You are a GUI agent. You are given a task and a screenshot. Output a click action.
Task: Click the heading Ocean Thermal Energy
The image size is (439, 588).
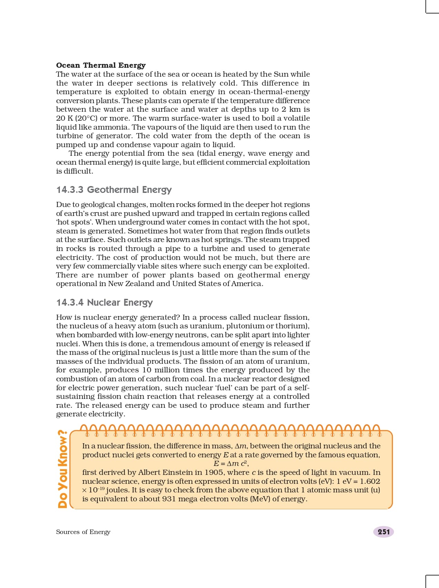[x=101, y=65]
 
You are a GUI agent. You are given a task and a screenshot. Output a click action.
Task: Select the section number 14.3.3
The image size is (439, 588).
[x=70, y=190]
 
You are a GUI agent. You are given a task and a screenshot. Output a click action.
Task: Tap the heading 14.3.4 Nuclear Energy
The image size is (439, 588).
[x=104, y=303]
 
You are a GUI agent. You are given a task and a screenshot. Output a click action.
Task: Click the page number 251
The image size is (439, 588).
[x=384, y=532]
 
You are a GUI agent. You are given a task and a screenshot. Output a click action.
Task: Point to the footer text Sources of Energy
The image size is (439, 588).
[x=83, y=532]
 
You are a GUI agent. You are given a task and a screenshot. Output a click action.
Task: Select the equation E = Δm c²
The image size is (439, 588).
[x=231, y=464]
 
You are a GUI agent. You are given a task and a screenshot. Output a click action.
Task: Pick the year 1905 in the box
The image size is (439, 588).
[x=215, y=472]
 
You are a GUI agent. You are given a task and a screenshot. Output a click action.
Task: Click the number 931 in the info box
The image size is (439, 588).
[x=169, y=499]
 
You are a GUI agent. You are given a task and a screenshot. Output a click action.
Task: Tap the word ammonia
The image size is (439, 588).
[x=111, y=127]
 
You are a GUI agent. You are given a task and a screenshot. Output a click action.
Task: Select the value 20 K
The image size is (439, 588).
[x=64, y=118]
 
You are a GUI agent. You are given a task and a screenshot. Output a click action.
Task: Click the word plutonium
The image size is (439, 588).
[x=245, y=326]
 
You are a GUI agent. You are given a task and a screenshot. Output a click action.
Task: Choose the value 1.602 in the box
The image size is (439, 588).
[x=370, y=481]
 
